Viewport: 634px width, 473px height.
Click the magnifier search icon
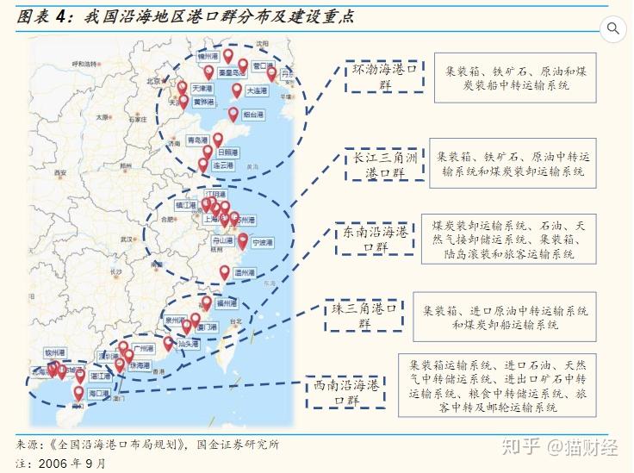[x=613, y=28]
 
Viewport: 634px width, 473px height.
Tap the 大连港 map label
[x=257, y=90]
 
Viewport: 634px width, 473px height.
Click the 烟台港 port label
[x=253, y=115]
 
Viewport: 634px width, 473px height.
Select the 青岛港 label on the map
[x=198, y=140]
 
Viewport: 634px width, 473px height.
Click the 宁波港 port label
[x=262, y=244]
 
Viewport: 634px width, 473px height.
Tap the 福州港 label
[x=227, y=304]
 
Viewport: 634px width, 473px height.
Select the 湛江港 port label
[x=102, y=377]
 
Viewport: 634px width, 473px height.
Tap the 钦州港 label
[x=55, y=353]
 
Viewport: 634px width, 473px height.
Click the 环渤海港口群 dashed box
[x=384, y=77]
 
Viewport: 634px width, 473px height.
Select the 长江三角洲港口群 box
[x=384, y=165]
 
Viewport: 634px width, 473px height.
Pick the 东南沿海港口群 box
[x=375, y=240]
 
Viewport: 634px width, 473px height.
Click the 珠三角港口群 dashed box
[x=364, y=315]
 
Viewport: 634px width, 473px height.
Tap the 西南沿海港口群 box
[x=346, y=393]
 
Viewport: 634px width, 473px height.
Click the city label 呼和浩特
[x=86, y=64]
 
